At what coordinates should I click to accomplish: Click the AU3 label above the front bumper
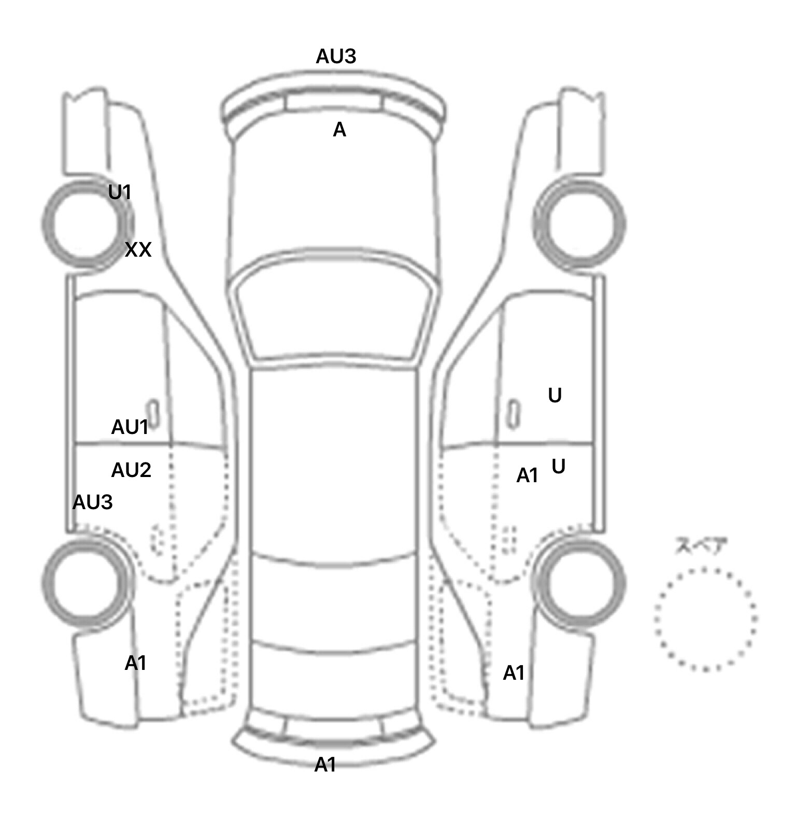[x=336, y=56]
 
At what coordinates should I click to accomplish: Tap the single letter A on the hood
[x=339, y=130]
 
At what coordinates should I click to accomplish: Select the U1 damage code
[x=120, y=192]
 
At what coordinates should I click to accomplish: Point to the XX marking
[x=138, y=250]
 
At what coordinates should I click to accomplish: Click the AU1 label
[x=130, y=427]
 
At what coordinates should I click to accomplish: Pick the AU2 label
[x=131, y=470]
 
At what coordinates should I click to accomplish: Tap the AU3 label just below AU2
[x=92, y=502]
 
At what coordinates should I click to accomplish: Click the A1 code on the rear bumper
[x=325, y=765]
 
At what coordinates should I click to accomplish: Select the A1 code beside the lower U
[x=528, y=475]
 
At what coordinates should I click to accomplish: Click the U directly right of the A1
[x=558, y=467]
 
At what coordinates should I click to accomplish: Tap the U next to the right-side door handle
[x=555, y=396]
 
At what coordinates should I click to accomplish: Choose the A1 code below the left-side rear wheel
[x=135, y=663]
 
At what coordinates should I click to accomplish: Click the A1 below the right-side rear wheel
[x=514, y=673]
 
